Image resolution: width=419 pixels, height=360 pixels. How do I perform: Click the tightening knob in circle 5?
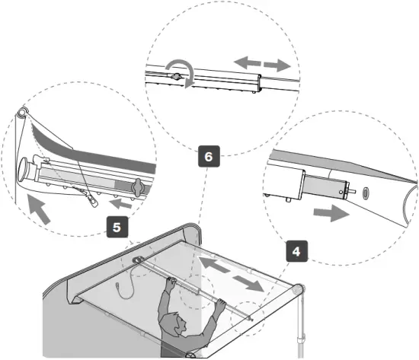[138, 186]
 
